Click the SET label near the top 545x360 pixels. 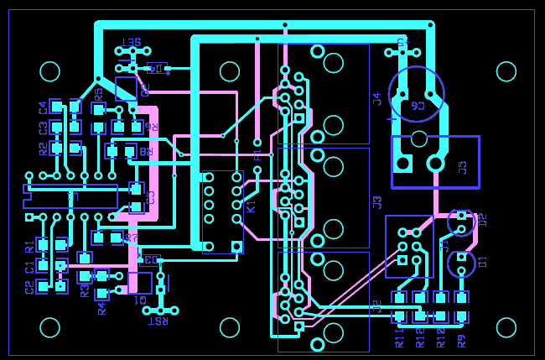[132, 41]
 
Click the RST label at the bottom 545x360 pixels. [157, 321]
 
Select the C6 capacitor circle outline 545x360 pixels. [417, 93]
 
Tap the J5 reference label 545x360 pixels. [463, 166]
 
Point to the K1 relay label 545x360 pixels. [250, 205]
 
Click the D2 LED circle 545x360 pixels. [460, 222]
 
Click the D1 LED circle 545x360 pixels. [460, 263]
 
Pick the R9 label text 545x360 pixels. [460, 340]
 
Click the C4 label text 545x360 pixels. [43, 107]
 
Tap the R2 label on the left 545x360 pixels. [43, 149]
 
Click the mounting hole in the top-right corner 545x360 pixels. [506, 71]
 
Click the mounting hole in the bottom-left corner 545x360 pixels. [50, 326]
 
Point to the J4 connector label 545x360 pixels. [377, 99]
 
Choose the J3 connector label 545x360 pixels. [377, 201]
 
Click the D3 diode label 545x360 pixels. [151, 259]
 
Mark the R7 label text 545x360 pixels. [131, 238]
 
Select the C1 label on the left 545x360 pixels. [29, 267]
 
